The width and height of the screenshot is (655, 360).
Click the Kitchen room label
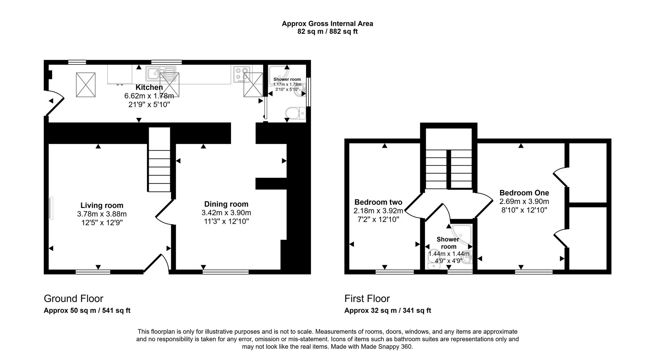point(149,87)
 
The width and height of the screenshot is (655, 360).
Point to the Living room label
point(102,205)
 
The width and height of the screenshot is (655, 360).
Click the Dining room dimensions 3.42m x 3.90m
point(226,213)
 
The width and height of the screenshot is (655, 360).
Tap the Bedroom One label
point(524,192)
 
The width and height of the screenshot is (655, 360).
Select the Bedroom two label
point(378,202)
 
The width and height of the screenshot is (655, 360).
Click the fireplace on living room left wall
point(50,208)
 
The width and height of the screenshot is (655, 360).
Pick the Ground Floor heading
point(73,299)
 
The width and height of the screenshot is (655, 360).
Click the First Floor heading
point(367,299)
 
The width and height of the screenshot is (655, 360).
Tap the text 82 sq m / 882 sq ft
point(327,32)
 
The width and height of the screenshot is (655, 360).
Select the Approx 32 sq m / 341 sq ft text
point(388,311)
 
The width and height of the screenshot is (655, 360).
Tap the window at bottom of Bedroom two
point(394,272)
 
